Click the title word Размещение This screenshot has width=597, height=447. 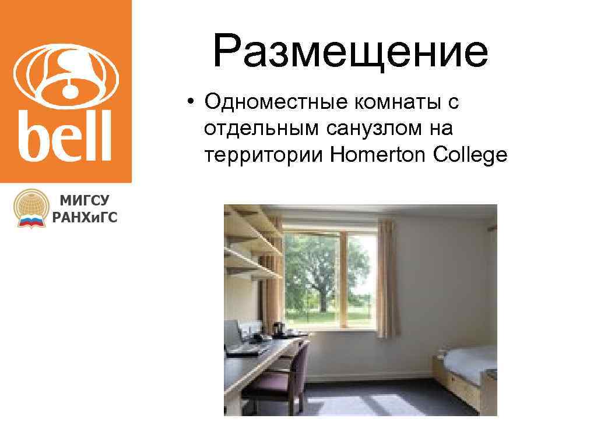pyautogui.click(x=350, y=51)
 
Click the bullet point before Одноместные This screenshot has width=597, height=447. pyautogui.click(x=191, y=104)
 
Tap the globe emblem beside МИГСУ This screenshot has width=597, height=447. pyautogui.click(x=31, y=208)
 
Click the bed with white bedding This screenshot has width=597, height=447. pyautogui.click(x=469, y=366)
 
